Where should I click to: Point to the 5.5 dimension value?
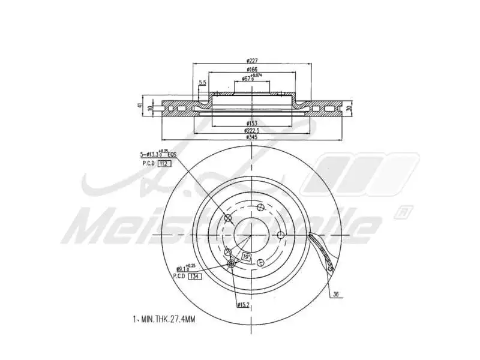tap(203, 82)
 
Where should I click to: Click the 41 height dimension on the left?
tap(140, 106)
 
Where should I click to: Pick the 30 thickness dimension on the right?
tap(349, 108)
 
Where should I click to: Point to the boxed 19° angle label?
tap(246, 257)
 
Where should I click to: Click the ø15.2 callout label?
tap(243, 305)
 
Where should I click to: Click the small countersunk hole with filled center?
tap(232, 263)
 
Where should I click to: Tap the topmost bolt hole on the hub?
tap(260, 208)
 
